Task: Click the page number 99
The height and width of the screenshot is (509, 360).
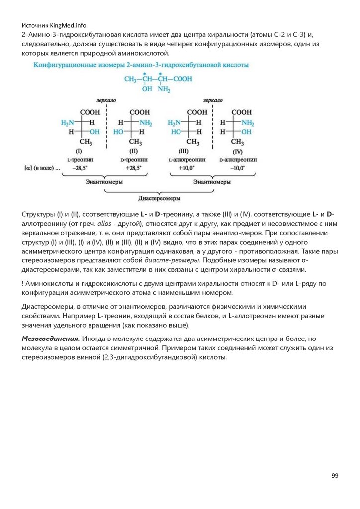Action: click(335, 476)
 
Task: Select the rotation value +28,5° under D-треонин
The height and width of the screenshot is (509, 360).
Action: click(133, 169)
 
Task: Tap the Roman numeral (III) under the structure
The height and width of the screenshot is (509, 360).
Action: click(184, 151)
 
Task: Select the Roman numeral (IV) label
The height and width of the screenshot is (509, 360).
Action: click(237, 151)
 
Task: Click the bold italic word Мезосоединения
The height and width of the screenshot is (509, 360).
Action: click(51, 339)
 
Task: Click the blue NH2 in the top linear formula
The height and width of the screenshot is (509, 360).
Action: click(164, 90)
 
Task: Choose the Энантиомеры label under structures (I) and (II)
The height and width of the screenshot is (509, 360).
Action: click(103, 182)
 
